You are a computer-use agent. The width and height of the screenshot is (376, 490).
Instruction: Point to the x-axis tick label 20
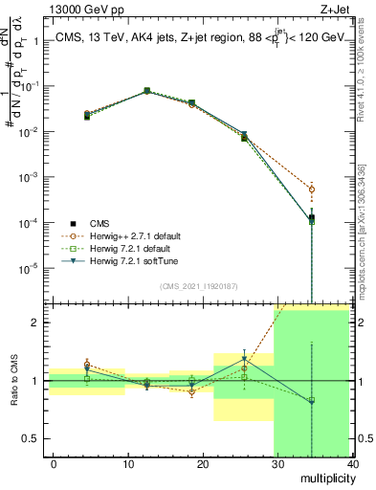pyautogui.click(x=202, y=463)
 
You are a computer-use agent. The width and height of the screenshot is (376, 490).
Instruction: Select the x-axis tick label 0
pyautogui.click(x=54, y=463)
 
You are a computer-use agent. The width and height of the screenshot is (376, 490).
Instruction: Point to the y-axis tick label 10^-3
pyautogui.click(x=29, y=177)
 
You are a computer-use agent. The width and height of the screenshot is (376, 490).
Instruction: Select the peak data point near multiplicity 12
pyautogui.click(x=146, y=91)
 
